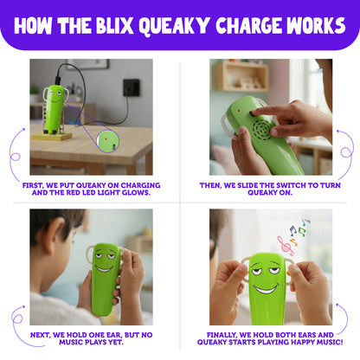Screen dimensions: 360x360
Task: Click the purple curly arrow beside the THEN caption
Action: (344, 156)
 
